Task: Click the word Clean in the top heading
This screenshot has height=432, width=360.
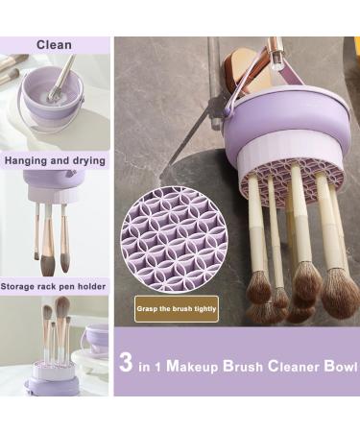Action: coord(54,44)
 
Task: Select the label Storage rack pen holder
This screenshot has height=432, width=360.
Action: coord(54,285)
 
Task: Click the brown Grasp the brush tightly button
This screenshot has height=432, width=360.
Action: coord(177,308)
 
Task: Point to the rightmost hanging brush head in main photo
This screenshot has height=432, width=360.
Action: coord(339,293)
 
